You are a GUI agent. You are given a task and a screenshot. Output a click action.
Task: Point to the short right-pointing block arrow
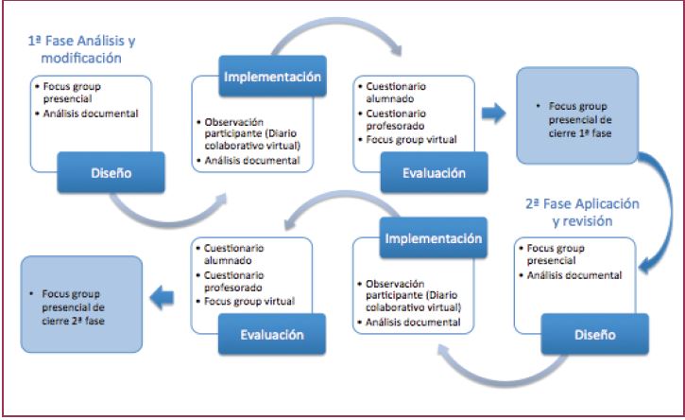click(494, 114)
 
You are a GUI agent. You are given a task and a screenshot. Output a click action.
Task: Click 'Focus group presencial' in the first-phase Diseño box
click(80, 93)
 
